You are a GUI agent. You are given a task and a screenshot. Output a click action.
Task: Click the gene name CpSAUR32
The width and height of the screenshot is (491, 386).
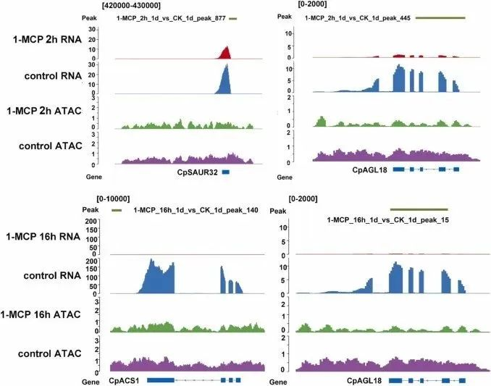click(x=197, y=172)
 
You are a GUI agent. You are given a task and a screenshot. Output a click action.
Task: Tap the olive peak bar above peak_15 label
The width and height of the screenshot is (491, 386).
click(x=418, y=209)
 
